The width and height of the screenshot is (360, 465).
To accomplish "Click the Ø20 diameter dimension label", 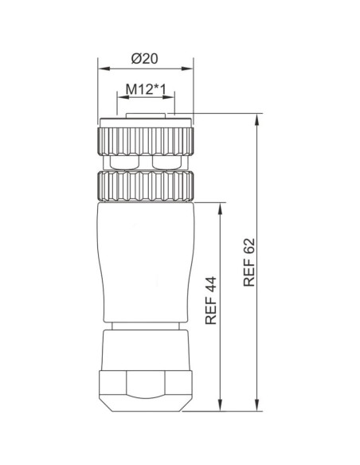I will coord(144,59).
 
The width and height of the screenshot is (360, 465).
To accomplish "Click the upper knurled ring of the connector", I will coord(144,141).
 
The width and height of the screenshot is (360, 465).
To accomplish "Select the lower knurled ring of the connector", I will coord(144,187).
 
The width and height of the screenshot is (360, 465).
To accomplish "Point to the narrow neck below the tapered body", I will coord(144,326).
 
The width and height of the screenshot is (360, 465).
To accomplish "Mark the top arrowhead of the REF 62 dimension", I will coord(257,119).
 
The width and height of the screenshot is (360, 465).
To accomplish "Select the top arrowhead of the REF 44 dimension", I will coord(220,206).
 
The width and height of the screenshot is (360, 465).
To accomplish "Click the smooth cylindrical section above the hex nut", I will coord(144,350).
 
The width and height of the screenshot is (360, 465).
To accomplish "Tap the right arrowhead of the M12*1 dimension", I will coord(168,99).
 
